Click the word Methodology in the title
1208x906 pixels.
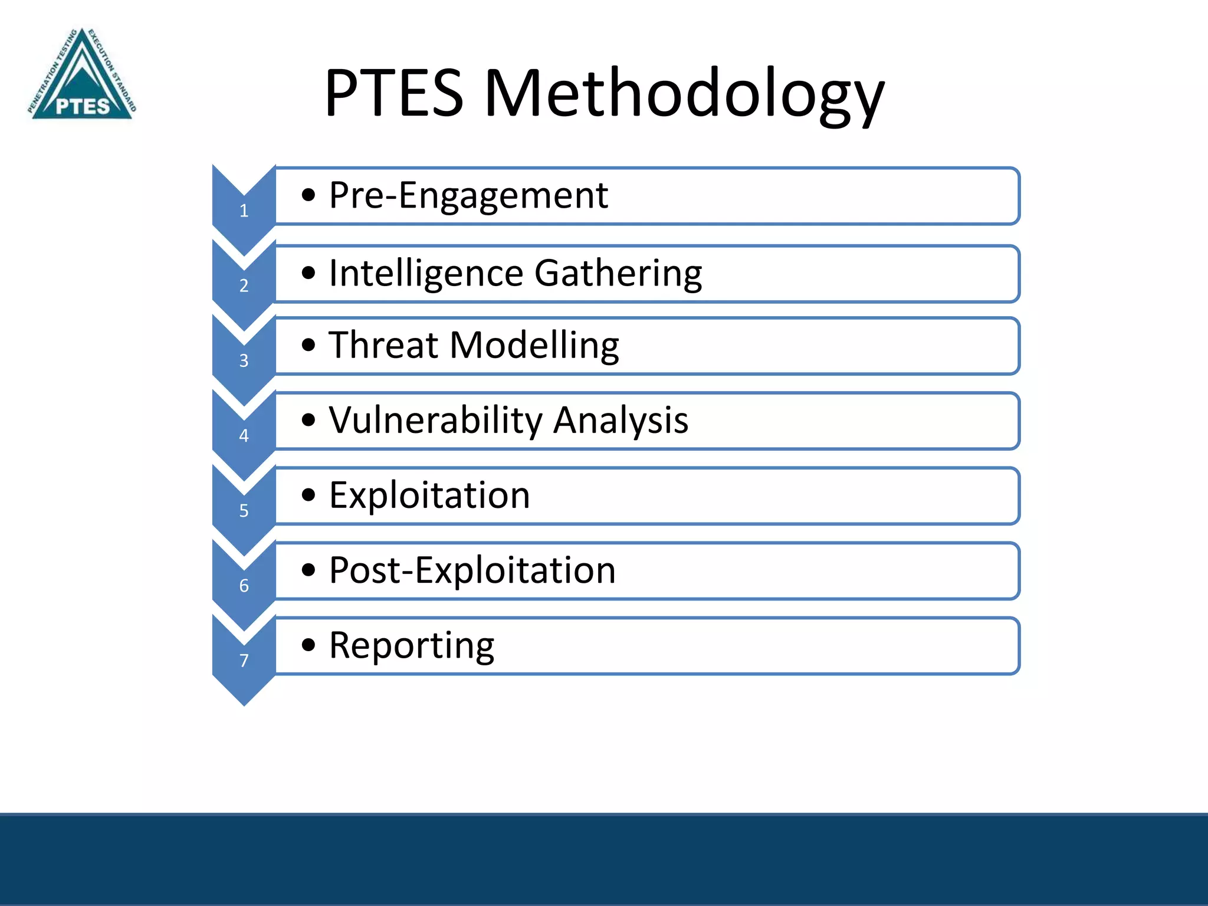[684, 94]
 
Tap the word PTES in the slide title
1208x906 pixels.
[394, 94]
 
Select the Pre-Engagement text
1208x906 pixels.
[468, 195]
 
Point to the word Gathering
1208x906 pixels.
[618, 273]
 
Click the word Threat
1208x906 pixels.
[384, 345]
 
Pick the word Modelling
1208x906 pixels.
[534, 345]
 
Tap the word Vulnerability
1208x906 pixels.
[435, 420]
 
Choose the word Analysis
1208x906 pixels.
[621, 420]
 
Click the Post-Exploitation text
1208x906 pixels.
[472, 570]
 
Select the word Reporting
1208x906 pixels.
[411, 645]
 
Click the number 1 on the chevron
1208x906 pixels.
[244, 211]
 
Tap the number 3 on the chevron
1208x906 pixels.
[244, 360]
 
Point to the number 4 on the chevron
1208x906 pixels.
[244, 435]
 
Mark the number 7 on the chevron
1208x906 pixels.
[244, 660]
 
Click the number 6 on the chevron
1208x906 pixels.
[244, 585]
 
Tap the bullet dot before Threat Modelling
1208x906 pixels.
[308, 345]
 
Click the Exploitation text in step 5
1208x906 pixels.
[429, 495]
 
